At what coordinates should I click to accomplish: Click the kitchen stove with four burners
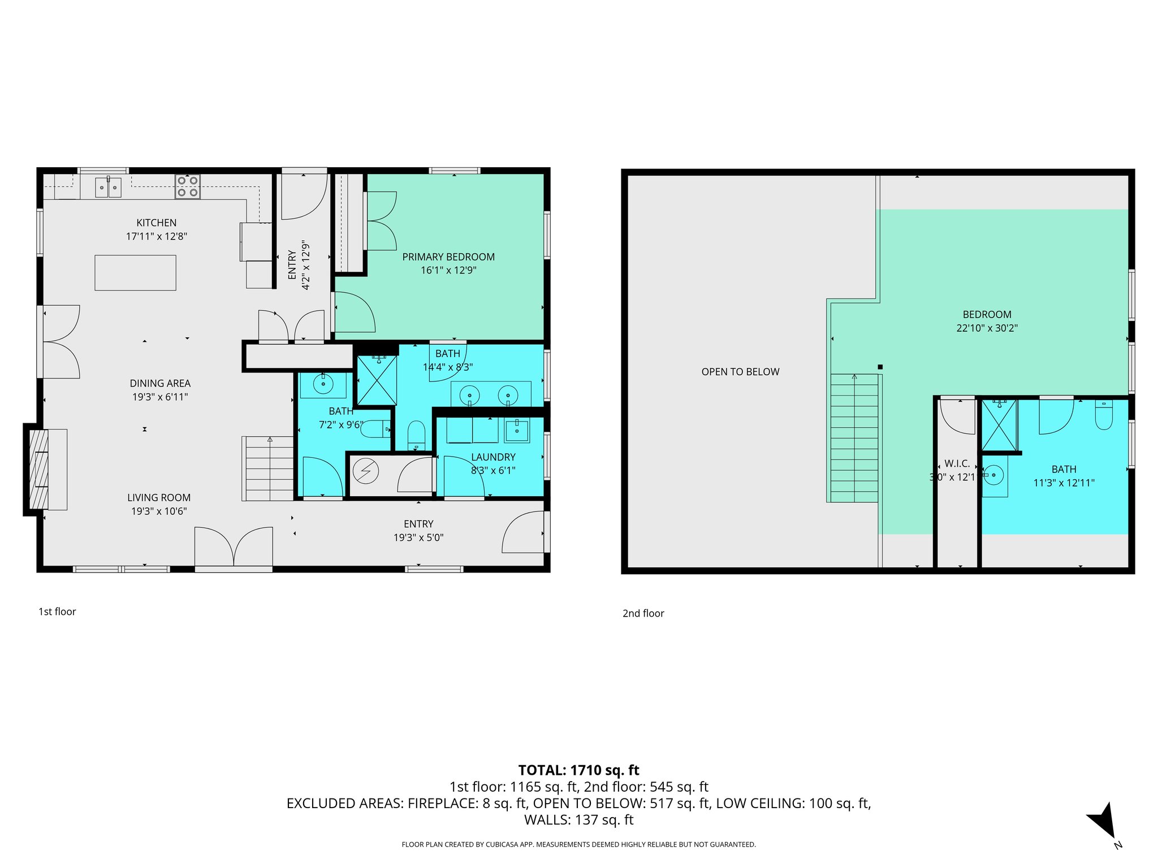pyautogui.click(x=187, y=186)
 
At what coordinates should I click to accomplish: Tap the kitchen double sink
pyautogui.click(x=108, y=187)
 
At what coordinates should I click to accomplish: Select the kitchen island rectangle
pyautogui.click(x=135, y=273)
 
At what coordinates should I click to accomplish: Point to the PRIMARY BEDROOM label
pyautogui.click(x=448, y=257)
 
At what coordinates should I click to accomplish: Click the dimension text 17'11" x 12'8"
pyautogui.click(x=157, y=236)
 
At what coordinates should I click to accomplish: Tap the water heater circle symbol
pyautogui.click(x=366, y=470)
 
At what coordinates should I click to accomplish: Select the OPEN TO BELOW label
pyautogui.click(x=740, y=372)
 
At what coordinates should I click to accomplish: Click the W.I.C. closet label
pyautogui.click(x=957, y=464)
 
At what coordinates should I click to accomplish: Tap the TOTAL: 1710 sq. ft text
pyautogui.click(x=578, y=770)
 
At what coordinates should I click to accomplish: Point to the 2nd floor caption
pyautogui.click(x=643, y=614)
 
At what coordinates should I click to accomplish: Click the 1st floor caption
pyautogui.click(x=57, y=611)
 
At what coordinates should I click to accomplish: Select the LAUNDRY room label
pyautogui.click(x=493, y=457)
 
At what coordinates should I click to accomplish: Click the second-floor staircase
pyautogui.click(x=854, y=438)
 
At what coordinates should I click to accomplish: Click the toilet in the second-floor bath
pyautogui.click(x=1104, y=415)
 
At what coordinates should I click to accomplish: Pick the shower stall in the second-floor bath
pyautogui.click(x=999, y=425)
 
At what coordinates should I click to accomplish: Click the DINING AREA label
pyautogui.click(x=160, y=384)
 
